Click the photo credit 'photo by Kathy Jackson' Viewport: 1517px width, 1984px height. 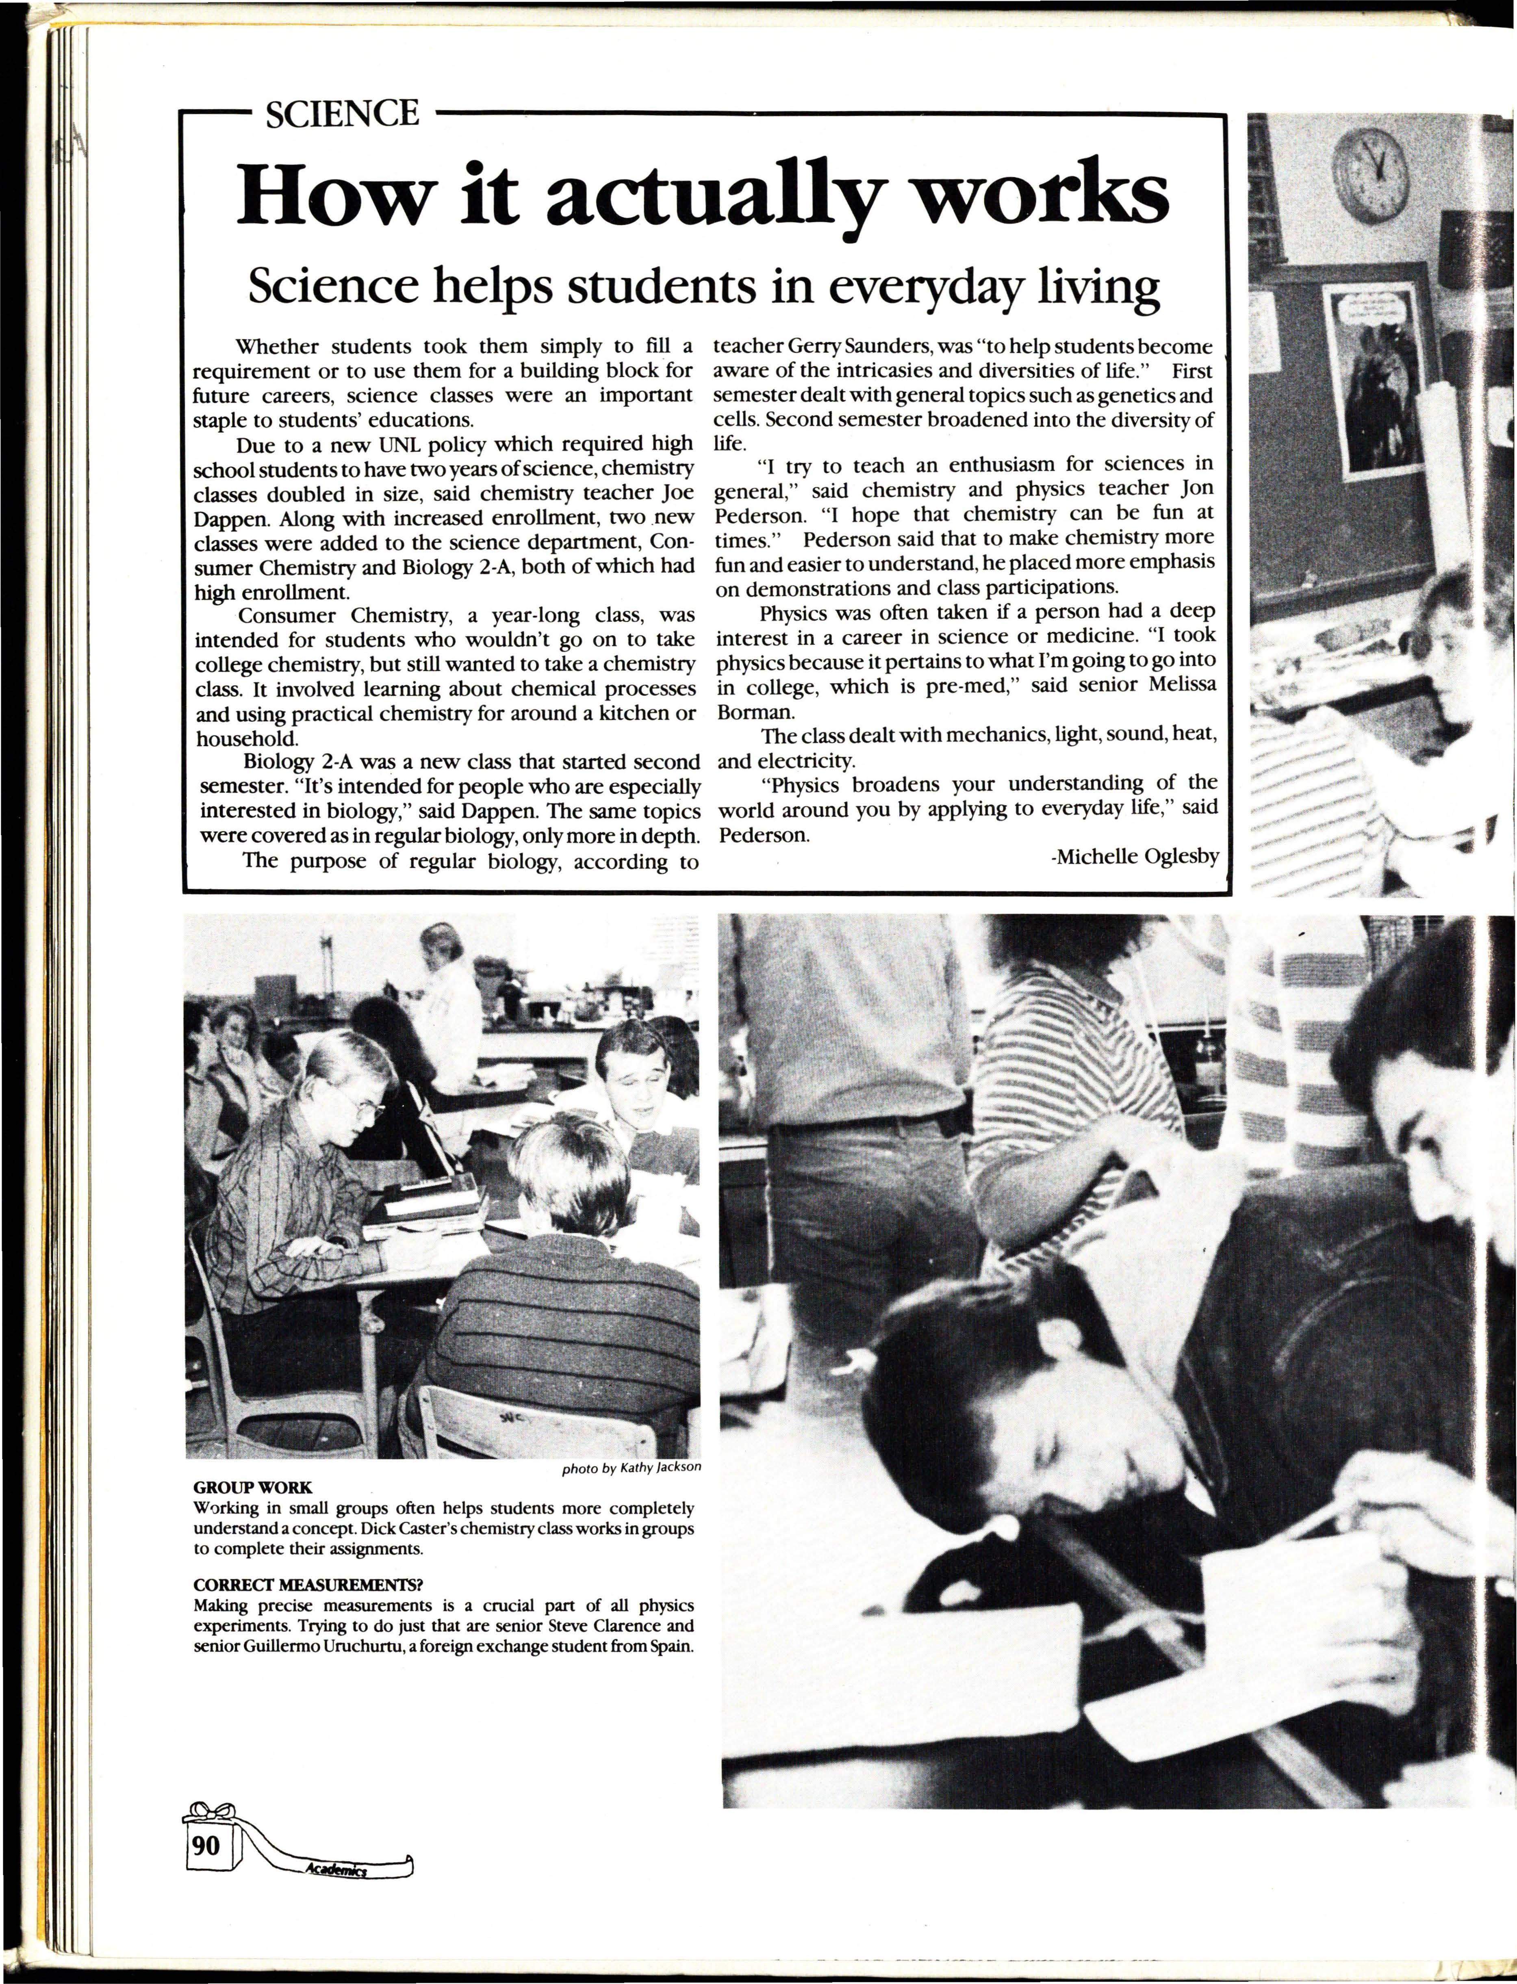[630, 1468]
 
